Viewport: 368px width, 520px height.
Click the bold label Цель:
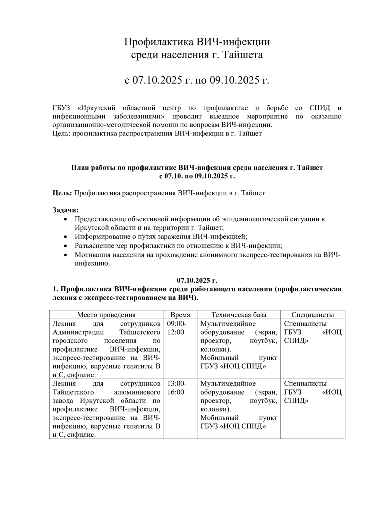pyautogui.click(x=62, y=193)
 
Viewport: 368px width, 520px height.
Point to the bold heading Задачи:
pyautogui.click(x=66, y=210)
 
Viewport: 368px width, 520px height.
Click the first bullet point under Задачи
pyautogui.click(x=66, y=219)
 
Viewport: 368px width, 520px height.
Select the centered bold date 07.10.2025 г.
pyautogui.click(x=197, y=280)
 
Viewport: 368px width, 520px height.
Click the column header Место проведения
pyautogui.click(x=106, y=315)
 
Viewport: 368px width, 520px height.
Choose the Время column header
pyautogui.click(x=180, y=315)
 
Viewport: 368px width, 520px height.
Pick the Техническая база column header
pyautogui.click(x=239, y=315)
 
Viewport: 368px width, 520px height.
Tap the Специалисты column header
pyautogui.click(x=313, y=315)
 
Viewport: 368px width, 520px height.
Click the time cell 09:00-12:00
pyautogui.click(x=177, y=328)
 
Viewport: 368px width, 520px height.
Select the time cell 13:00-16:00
pyautogui.click(x=177, y=388)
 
